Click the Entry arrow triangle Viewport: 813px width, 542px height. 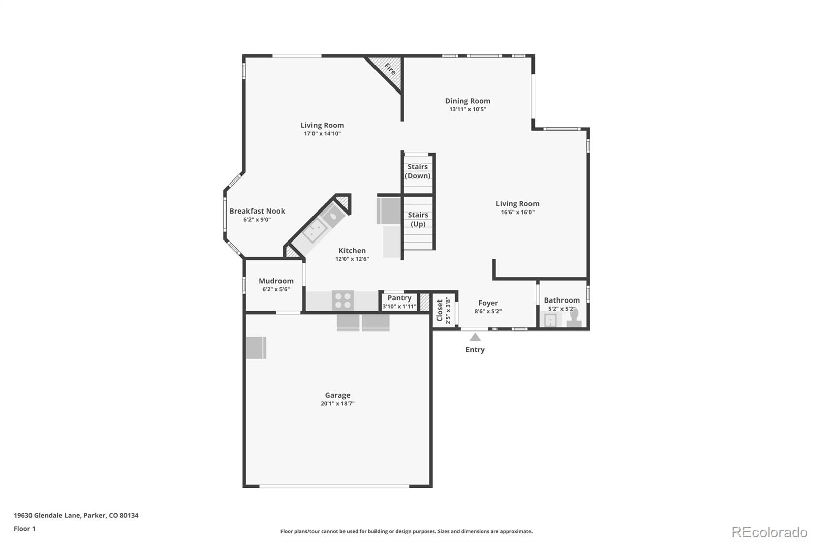click(475, 337)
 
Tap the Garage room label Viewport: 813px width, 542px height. click(337, 395)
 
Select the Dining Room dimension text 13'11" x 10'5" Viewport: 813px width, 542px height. click(467, 109)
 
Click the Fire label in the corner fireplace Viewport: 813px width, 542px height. click(390, 69)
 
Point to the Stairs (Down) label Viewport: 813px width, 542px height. click(418, 171)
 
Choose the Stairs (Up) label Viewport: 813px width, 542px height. click(418, 219)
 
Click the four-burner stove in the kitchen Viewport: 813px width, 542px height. click(342, 300)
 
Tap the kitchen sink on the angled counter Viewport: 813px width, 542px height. click(315, 230)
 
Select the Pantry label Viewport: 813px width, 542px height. click(399, 298)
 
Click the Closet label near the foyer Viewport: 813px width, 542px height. click(440, 310)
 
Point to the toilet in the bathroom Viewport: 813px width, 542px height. click(574, 317)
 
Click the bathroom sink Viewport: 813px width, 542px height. click(551, 320)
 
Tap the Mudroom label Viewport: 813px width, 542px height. click(276, 281)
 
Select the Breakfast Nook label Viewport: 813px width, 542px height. click(257, 211)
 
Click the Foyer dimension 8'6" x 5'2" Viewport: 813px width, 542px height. click(488, 311)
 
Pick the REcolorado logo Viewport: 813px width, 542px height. click(769, 532)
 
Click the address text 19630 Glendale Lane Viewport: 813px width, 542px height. click(47, 515)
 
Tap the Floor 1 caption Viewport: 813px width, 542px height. click(25, 529)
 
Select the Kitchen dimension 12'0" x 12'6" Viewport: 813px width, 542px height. click(352, 259)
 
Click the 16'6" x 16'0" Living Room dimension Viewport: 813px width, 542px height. click(518, 212)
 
